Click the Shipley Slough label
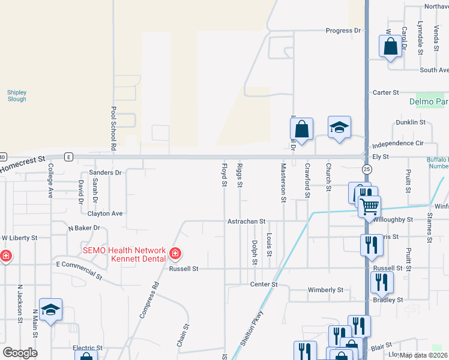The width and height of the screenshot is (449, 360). click(17, 95)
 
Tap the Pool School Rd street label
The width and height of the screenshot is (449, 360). click(113, 129)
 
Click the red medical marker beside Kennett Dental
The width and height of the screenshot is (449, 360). click(175, 254)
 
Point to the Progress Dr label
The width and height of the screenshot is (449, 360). click(344, 31)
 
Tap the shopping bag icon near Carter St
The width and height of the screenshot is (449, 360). click(390, 46)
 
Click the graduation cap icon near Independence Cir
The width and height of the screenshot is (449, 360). click(339, 127)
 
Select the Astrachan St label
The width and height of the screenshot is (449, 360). click(246, 221)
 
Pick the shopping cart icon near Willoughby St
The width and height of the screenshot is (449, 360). click(370, 206)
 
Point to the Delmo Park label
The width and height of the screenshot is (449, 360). click(429, 101)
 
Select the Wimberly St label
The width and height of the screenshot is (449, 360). click(325, 290)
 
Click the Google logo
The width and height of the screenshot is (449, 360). click(20, 353)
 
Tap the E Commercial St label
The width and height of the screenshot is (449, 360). click(79, 268)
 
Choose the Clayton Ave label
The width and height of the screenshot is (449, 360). click(105, 214)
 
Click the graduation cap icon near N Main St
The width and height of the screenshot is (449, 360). click(50, 310)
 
